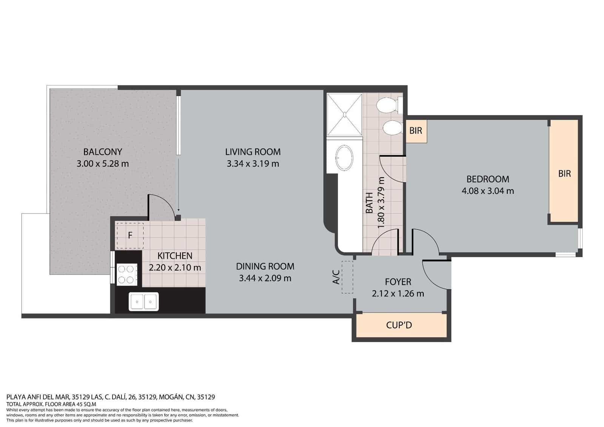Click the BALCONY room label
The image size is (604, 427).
tap(102, 152)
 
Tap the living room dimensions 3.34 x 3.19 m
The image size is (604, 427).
tap(253, 164)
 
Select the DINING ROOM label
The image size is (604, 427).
tap(265, 266)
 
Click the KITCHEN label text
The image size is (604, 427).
tap(175, 256)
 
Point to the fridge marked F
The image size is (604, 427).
tap(130, 235)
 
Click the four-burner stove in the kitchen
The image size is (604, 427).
tap(126, 274)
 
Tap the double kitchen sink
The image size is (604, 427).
tap(144, 302)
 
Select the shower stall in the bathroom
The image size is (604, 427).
tap(344, 114)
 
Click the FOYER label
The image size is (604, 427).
tap(398, 282)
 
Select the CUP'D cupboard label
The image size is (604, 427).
tap(399, 325)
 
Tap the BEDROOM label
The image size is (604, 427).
tap(488, 179)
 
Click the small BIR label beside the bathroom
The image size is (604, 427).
tap(416, 131)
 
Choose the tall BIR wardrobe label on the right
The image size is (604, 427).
tap(564, 173)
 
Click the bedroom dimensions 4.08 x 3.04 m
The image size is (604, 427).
tap(488, 191)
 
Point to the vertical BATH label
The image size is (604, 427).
tap(370, 203)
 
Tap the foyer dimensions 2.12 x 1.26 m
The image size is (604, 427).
tap(398, 294)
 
